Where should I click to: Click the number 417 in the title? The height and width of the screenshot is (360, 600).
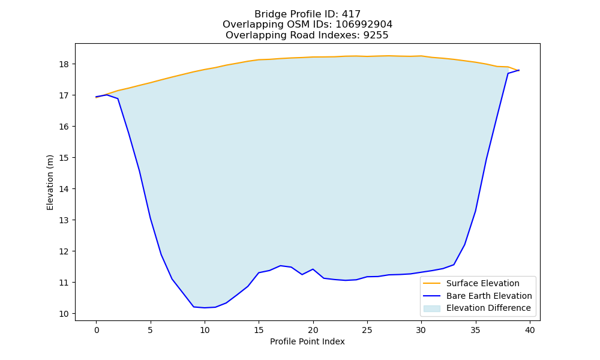(352, 14)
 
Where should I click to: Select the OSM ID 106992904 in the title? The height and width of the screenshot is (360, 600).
(364, 25)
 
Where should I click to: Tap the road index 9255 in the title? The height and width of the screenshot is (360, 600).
(376, 35)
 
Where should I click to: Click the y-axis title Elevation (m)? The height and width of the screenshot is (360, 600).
(50, 182)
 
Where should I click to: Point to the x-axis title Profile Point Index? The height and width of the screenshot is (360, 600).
(307, 341)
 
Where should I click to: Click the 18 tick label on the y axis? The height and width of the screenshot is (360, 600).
(64, 64)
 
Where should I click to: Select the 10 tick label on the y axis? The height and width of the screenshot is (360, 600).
(64, 314)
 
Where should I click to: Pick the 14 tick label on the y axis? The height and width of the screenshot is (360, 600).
(64, 189)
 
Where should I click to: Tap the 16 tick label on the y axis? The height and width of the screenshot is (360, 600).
(64, 127)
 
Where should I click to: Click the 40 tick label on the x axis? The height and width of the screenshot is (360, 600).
(530, 330)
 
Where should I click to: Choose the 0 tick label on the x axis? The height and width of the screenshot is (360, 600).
(97, 330)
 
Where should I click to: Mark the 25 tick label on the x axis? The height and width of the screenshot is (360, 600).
(367, 330)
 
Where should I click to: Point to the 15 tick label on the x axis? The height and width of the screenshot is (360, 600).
(259, 330)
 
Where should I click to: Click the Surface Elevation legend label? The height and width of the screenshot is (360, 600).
(483, 283)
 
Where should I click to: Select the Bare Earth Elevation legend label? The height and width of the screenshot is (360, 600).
(489, 296)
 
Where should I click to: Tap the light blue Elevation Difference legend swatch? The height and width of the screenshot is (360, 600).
(431, 308)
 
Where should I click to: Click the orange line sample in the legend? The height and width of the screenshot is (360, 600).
(431, 283)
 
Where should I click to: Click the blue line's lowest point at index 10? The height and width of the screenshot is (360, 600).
(205, 308)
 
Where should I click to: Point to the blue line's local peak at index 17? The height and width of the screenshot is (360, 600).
(280, 266)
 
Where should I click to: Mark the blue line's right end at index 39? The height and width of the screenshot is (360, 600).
(519, 70)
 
